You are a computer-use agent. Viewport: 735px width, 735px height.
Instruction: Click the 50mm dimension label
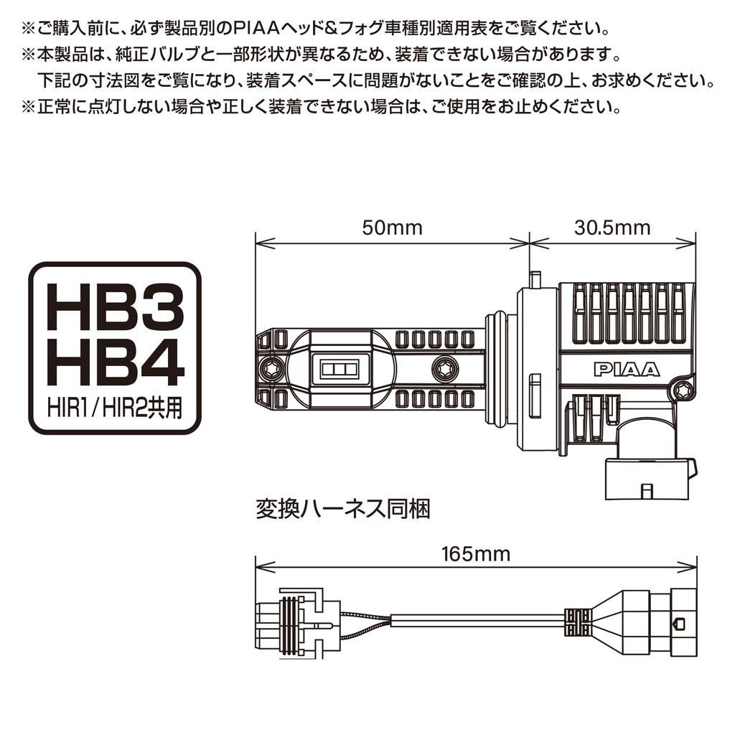click(x=393, y=228)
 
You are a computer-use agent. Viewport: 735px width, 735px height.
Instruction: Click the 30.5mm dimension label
click(x=612, y=228)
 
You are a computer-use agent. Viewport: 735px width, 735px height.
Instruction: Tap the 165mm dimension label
click(x=476, y=554)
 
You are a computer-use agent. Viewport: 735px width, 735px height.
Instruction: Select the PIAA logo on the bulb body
click(x=626, y=370)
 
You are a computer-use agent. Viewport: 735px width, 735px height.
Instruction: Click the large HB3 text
click(x=115, y=307)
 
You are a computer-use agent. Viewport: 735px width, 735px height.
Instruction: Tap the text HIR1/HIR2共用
click(x=115, y=408)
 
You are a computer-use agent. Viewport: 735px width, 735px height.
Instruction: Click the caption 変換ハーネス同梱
click(x=342, y=509)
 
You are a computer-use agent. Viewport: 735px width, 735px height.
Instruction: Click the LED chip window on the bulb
click(x=339, y=368)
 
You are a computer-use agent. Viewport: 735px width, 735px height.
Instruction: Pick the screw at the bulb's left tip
click(x=271, y=368)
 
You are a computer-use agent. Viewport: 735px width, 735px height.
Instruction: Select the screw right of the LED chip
click(x=441, y=368)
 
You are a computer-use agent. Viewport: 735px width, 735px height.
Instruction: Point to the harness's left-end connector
click(x=291, y=624)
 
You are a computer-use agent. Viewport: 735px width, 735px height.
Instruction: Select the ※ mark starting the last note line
click(x=29, y=108)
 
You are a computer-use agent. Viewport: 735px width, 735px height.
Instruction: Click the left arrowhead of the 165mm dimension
click(x=266, y=567)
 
